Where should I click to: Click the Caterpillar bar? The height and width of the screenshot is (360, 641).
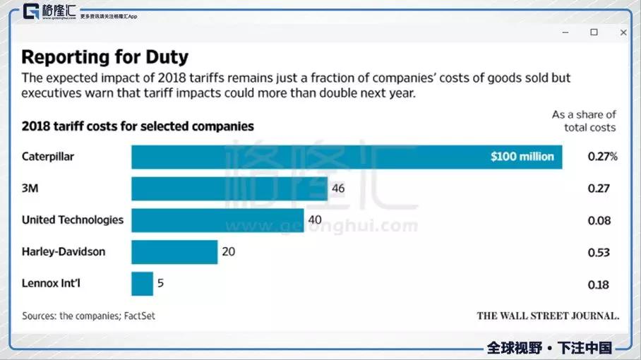tap(346, 157)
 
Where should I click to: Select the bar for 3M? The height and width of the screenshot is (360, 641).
tap(229, 188)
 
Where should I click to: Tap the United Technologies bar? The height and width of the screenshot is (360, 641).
tap(217, 220)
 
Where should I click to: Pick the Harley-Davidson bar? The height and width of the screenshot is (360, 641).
tap(174, 252)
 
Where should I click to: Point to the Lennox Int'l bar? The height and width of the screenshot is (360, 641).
tap(142, 284)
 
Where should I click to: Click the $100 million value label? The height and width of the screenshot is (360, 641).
tap(522, 157)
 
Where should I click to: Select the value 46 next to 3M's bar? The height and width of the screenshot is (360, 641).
tap(338, 188)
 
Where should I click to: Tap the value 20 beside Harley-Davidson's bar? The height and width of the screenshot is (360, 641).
tap(229, 252)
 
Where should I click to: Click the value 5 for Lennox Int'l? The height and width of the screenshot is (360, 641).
tap(160, 284)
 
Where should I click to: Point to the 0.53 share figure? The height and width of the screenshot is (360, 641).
tap(599, 252)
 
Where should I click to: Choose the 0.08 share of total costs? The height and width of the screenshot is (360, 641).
tap(599, 220)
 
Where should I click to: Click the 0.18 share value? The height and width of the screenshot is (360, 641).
tap(599, 284)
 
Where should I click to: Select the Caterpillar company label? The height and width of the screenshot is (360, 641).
tap(47, 157)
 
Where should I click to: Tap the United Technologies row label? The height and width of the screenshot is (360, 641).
tap(73, 220)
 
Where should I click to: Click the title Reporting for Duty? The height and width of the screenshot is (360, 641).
tap(105, 56)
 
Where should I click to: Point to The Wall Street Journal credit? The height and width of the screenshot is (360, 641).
tap(548, 316)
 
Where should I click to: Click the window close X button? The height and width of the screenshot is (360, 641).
tap(623, 32)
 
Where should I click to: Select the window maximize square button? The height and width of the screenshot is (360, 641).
tap(594, 32)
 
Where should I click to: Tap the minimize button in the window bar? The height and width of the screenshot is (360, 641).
tap(565, 32)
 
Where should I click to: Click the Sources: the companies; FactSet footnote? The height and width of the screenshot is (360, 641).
tap(88, 316)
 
